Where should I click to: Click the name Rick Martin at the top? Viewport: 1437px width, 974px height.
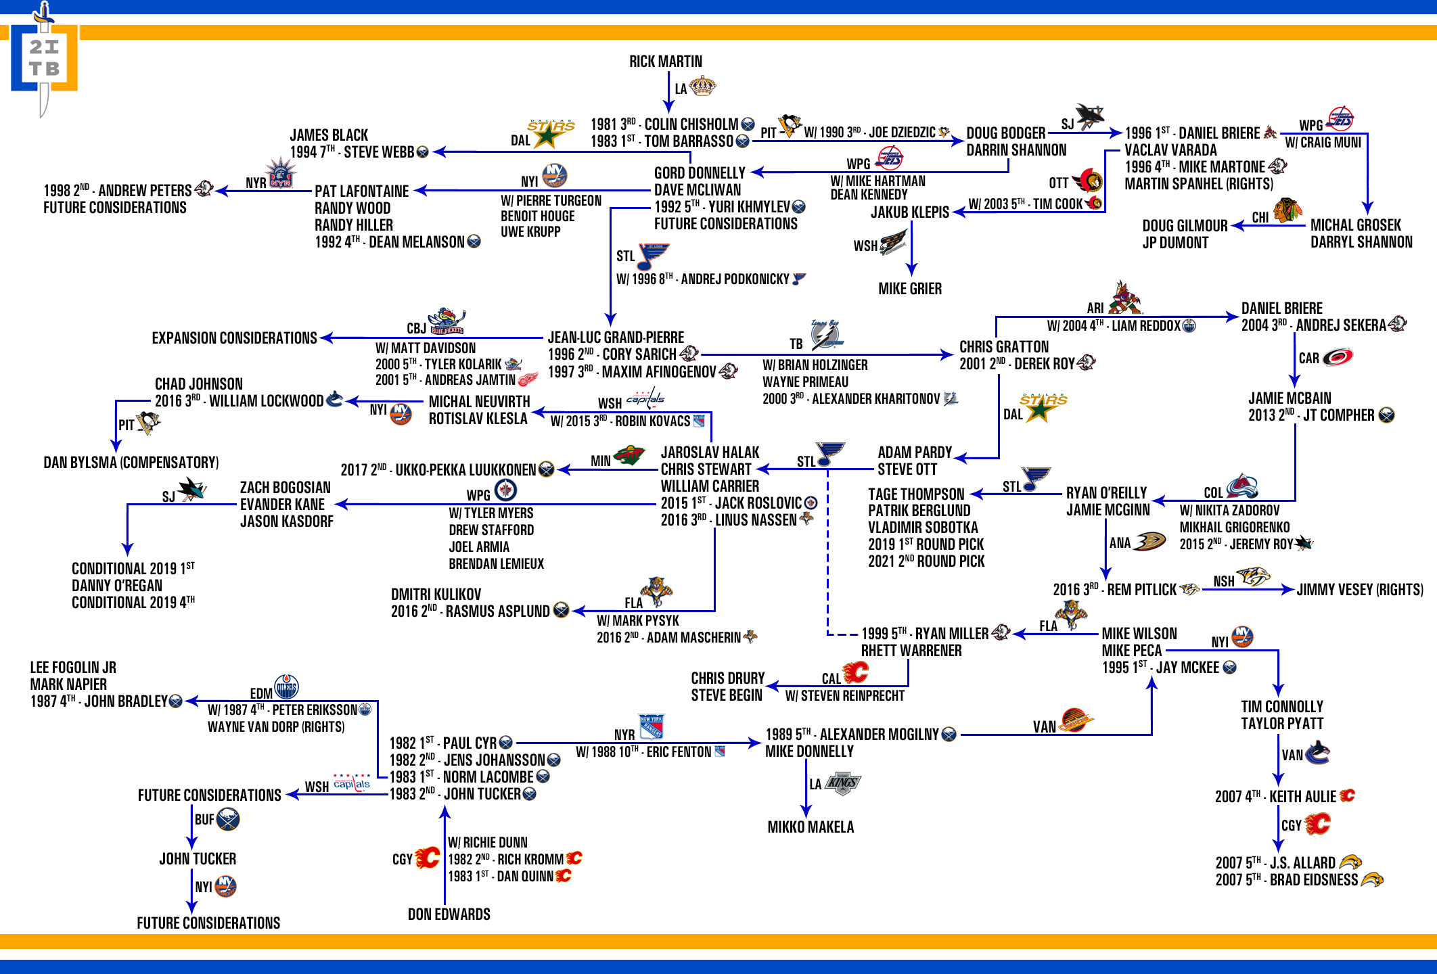pyautogui.click(x=666, y=62)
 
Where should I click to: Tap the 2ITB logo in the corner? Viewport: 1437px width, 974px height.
pyautogui.click(x=44, y=59)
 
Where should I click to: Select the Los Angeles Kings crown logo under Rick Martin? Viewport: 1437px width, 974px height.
pyautogui.click(x=702, y=87)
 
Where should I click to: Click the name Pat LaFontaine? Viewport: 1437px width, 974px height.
pyautogui.click(x=361, y=191)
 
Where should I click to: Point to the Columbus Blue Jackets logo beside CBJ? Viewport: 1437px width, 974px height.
pyautogui.click(x=447, y=321)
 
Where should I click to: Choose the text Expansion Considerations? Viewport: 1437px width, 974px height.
pyautogui.click(x=234, y=338)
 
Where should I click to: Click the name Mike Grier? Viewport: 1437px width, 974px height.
pyautogui.click(x=910, y=289)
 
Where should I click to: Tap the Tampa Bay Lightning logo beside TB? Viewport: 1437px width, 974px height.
pyautogui.click(x=827, y=334)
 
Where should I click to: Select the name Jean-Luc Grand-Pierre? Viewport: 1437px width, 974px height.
pyautogui.click(x=616, y=337)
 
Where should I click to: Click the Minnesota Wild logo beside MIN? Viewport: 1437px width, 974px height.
pyautogui.click(x=629, y=457)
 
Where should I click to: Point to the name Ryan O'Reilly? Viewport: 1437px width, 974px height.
pyautogui.click(x=1106, y=493)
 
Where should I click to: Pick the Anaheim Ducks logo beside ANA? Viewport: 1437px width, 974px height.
pyautogui.click(x=1149, y=541)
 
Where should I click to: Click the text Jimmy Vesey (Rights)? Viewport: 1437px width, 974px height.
pyautogui.click(x=1360, y=590)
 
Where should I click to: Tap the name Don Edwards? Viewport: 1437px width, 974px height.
pyautogui.click(x=449, y=914)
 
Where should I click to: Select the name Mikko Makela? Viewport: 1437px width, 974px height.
pyautogui.click(x=811, y=827)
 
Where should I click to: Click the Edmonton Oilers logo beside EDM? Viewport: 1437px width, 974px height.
pyautogui.click(x=286, y=687)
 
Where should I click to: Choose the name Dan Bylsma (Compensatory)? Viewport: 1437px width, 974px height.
pyautogui.click(x=131, y=463)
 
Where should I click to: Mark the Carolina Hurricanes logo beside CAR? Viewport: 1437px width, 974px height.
pyautogui.click(x=1338, y=356)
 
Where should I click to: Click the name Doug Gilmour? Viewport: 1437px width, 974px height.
pyautogui.click(x=1185, y=226)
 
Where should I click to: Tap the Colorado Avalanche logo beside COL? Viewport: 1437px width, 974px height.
pyautogui.click(x=1242, y=486)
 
